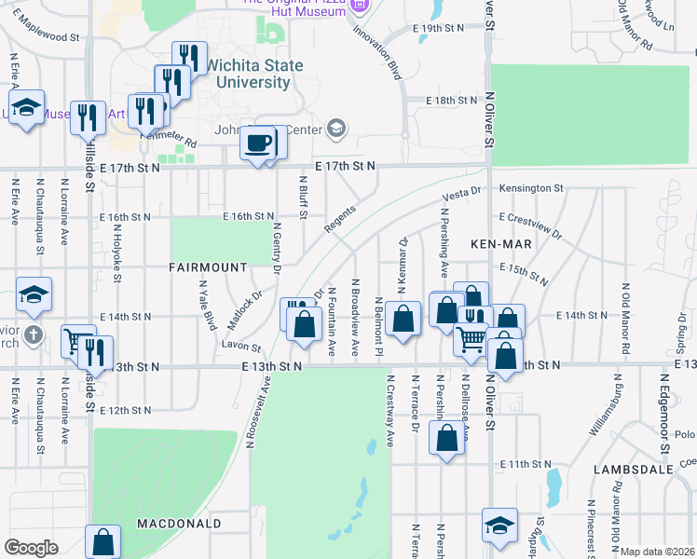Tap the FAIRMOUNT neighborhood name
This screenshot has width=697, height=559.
tap(208, 267)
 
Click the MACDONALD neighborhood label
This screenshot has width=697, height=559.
tap(178, 524)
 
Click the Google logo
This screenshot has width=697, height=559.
tap(31, 548)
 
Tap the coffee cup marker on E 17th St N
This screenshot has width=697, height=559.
tap(258, 145)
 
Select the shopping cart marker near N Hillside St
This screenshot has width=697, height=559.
tap(78, 343)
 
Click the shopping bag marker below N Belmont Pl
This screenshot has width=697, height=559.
tap(403, 320)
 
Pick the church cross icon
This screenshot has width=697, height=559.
tap(32, 334)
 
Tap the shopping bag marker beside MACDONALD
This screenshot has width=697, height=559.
tap(102, 542)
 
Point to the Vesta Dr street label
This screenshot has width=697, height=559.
tap(460, 194)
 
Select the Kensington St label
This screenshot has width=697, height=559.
tap(531, 188)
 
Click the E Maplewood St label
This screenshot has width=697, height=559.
tap(48, 37)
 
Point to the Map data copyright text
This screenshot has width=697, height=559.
tap(658, 552)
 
